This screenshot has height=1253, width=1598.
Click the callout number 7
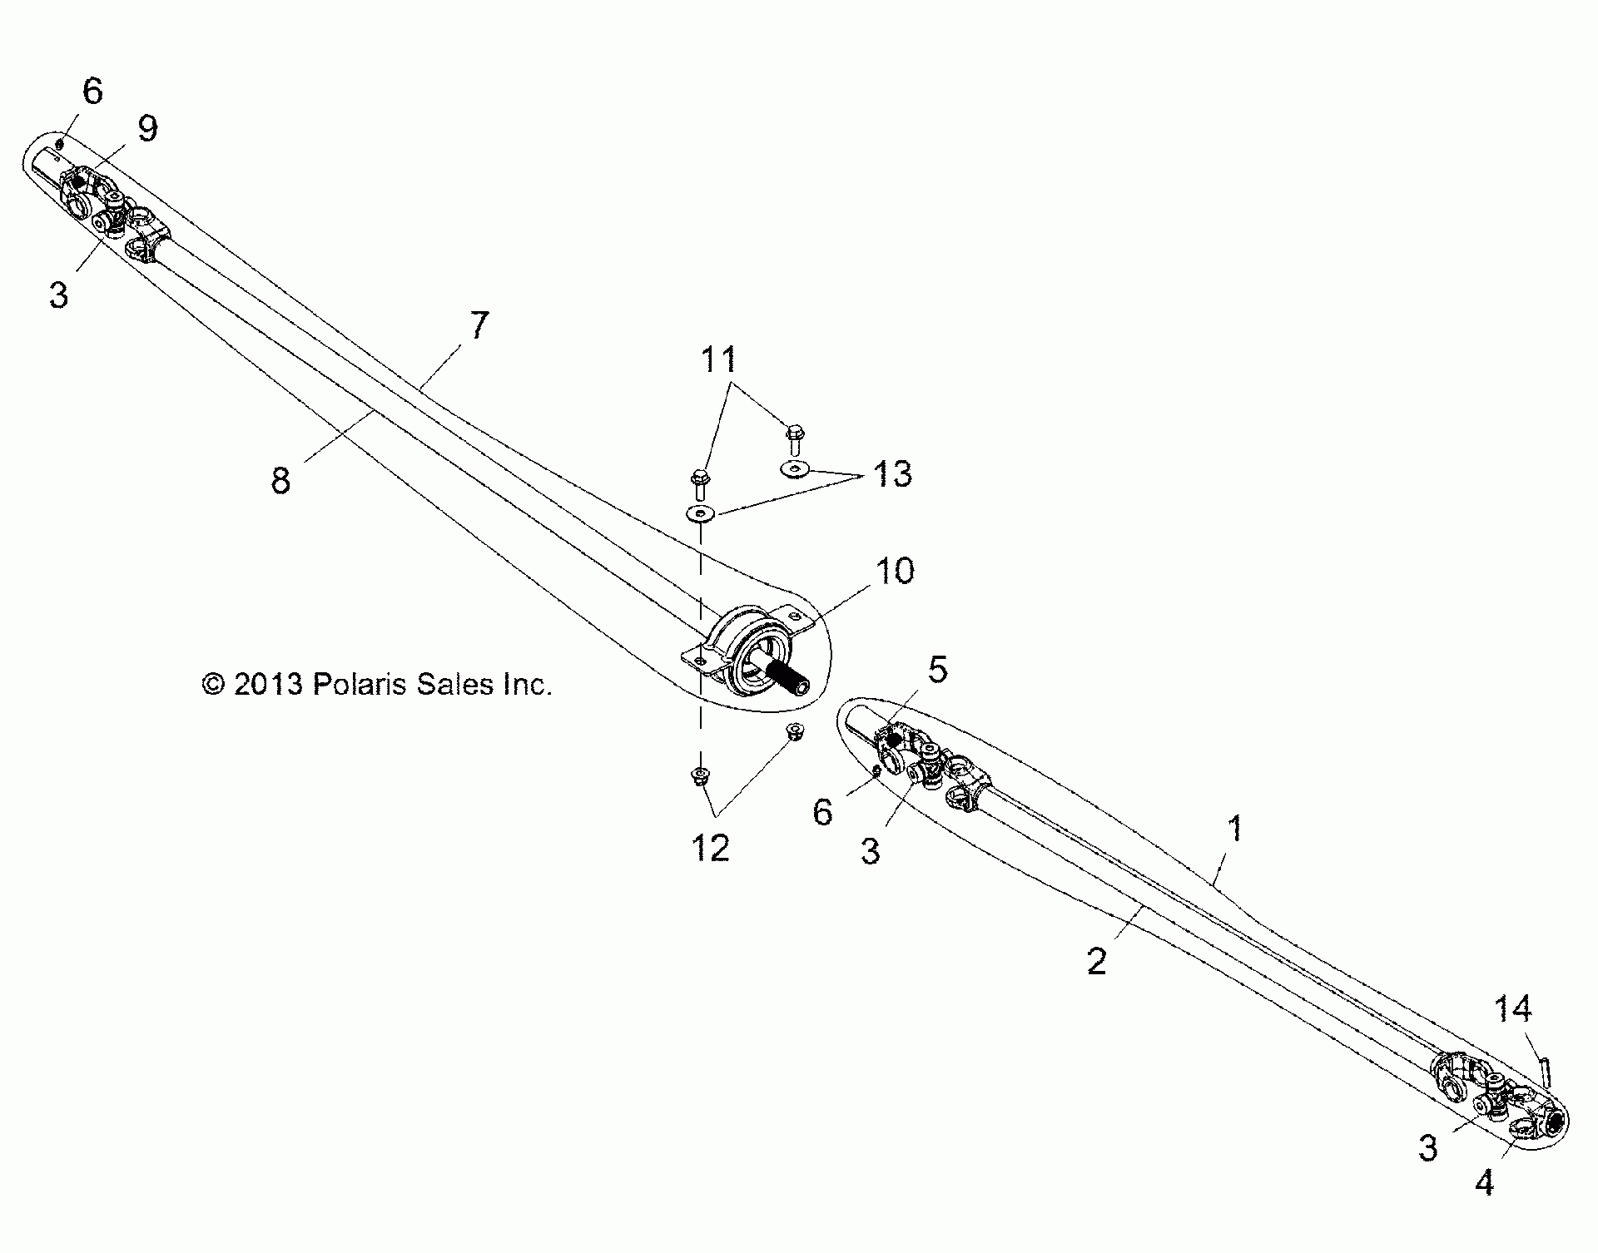(x=479, y=325)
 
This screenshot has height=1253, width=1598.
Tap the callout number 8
(x=281, y=480)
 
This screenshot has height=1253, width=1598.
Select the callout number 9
(x=146, y=129)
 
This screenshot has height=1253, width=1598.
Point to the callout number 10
(x=894, y=571)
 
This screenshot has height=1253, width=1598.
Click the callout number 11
(x=719, y=359)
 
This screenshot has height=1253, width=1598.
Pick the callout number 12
(x=710, y=847)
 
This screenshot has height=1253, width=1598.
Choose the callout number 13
(x=892, y=474)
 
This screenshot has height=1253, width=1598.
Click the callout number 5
(x=937, y=669)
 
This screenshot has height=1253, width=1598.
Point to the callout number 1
(x=1236, y=829)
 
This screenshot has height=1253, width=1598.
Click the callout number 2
(x=1097, y=962)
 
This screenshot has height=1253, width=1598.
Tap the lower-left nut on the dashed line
(x=700, y=776)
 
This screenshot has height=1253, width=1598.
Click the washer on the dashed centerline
(x=701, y=513)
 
